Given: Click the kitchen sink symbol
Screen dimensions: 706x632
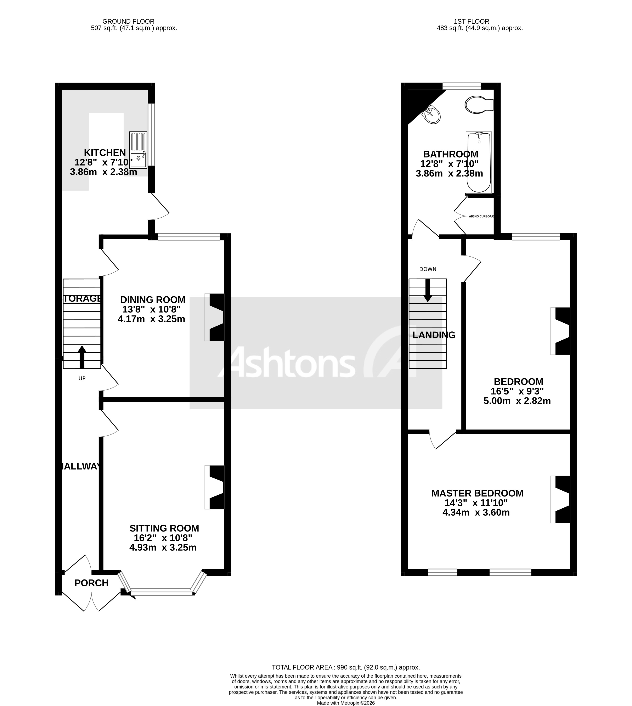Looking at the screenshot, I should point(138,150).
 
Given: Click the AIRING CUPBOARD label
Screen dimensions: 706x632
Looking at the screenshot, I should point(481,216).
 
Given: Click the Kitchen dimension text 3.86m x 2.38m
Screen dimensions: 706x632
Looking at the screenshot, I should point(103,172).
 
